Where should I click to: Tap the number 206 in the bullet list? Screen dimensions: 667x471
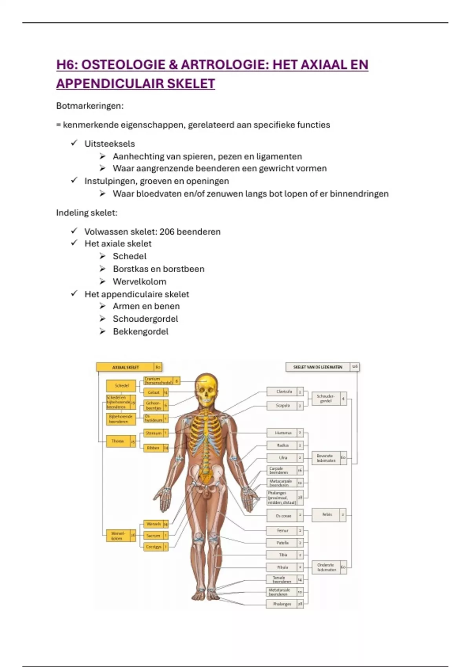167,231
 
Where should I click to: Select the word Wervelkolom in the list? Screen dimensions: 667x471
139,282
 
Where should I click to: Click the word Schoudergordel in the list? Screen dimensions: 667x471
145,319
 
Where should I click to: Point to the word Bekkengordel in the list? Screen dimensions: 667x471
141,332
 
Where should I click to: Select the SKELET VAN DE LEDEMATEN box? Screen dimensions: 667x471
318,367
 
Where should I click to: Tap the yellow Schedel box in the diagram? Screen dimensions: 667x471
121,386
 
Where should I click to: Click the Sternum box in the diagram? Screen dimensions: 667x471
153,433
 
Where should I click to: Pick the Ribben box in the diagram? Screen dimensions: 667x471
153,448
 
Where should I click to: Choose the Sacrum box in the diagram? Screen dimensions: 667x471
153,536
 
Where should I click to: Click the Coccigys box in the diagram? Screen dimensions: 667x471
153,547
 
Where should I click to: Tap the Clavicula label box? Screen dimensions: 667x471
284,392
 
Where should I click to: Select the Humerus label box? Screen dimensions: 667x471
283,433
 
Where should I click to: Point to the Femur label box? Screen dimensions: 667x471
283,530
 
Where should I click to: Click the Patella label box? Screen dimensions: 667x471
283,543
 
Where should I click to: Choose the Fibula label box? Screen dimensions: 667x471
283,567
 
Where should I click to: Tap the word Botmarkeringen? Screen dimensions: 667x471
89,106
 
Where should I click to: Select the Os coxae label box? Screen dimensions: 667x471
283,516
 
